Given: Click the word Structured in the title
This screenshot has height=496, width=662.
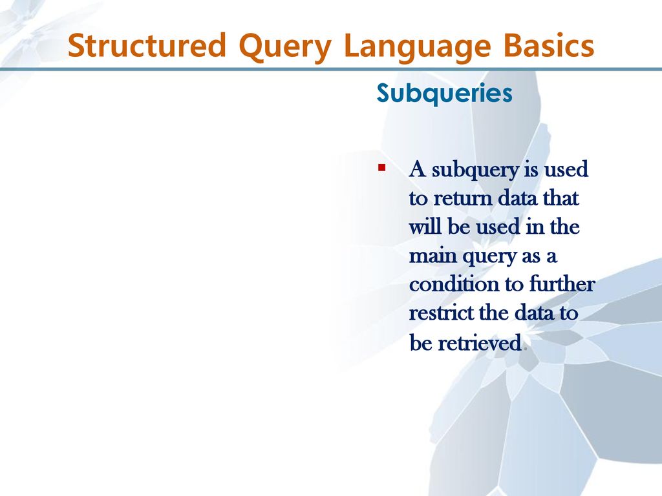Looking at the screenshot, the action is (x=147, y=45).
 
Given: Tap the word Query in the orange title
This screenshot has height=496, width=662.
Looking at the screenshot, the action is (x=285, y=47).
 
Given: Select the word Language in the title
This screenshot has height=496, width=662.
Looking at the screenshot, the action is (x=418, y=47).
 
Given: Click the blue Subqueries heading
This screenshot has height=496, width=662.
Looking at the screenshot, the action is (x=445, y=93).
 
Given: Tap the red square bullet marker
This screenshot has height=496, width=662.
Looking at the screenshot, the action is (x=382, y=168).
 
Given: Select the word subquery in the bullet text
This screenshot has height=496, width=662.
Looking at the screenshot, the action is (x=475, y=170).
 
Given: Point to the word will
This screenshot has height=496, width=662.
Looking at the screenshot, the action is (x=425, y=227).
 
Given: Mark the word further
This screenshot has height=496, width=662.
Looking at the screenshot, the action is (x=562, y=284).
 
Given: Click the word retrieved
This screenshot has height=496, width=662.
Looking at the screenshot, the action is (x=480, y=342).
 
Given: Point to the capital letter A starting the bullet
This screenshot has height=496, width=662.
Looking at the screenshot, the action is (x=418, y=169).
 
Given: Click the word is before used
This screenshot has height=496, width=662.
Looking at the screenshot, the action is (x=531, y=170).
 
